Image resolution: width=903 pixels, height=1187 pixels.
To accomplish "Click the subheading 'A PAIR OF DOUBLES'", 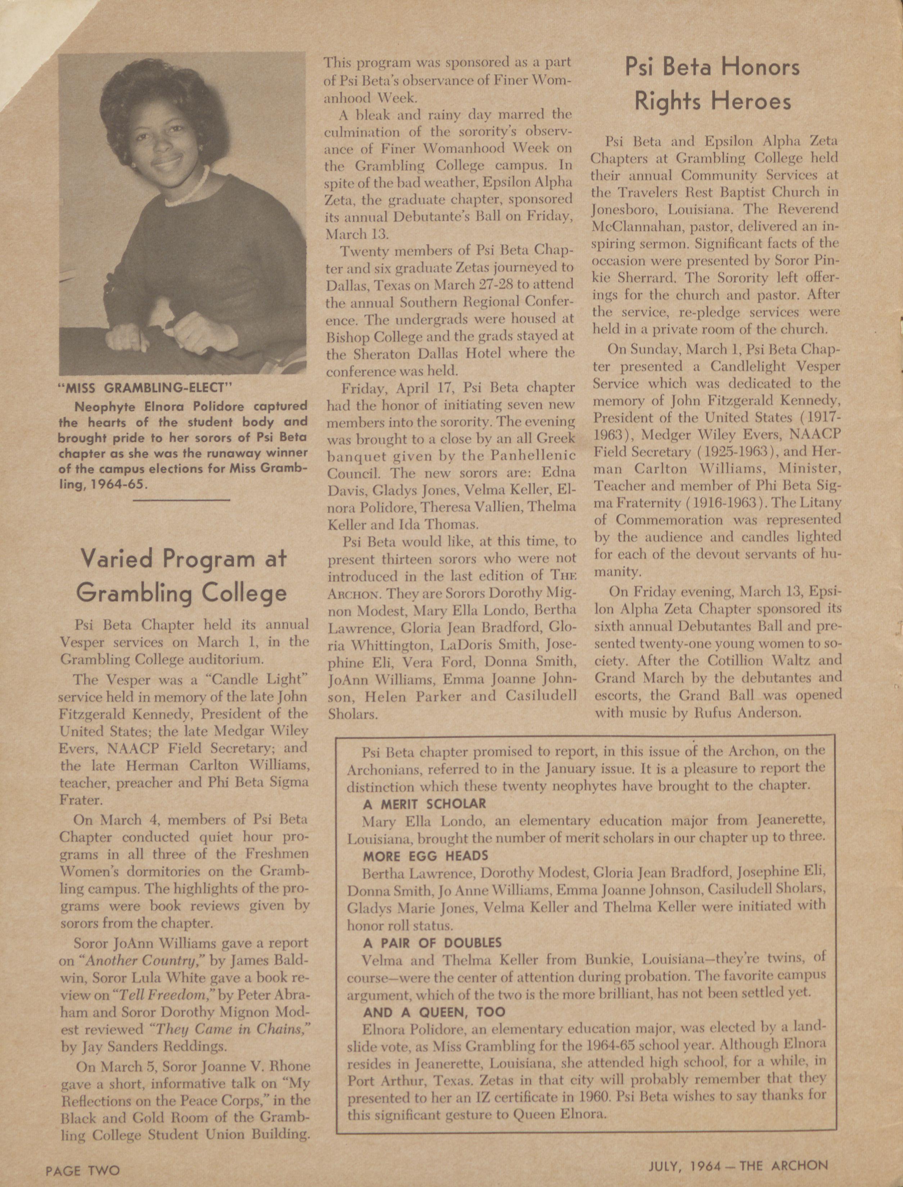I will click(432, 943).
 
